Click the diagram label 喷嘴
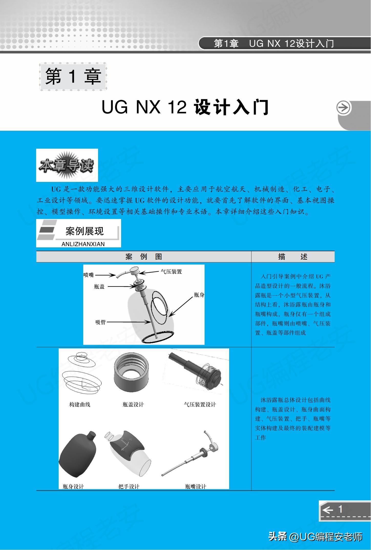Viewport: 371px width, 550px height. pos(89,275)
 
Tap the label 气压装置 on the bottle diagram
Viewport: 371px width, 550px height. pos(171,272)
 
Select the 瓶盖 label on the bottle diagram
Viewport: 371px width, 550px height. pos(99,287)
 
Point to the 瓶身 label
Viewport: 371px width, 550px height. pos(199,295)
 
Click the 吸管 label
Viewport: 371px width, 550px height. pos(100,322)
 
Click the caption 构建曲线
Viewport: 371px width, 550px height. pos(80,404)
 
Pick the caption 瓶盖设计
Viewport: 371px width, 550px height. pos(133,404)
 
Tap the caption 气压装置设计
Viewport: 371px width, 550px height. pos(200,404)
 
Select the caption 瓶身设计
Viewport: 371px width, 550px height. pos(73,486)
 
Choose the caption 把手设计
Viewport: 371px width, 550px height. pos(129,486)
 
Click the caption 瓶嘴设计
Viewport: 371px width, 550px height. pos(196,486)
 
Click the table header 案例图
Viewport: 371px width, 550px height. pos(144,257)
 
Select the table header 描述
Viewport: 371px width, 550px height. pos(293,257)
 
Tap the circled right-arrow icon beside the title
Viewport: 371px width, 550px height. pos(343,108)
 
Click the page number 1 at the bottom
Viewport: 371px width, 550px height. pos(340,509)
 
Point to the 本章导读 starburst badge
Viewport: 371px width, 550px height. pos(67,165)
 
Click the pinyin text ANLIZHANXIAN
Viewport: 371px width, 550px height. pos(83,244)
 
